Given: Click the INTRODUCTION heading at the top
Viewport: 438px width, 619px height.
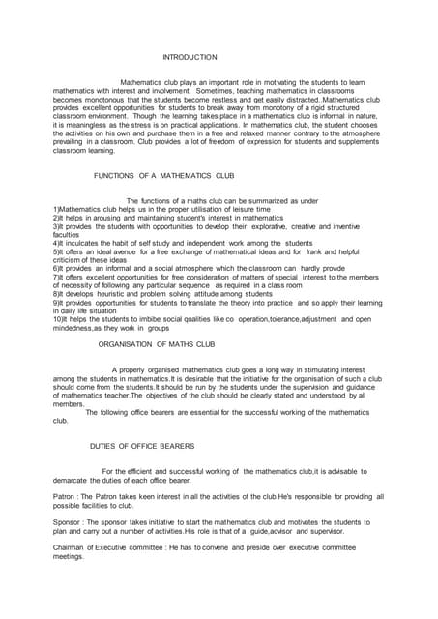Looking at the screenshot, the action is click(190, 58).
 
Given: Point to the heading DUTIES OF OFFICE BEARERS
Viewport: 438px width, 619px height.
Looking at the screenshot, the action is click(142, 446).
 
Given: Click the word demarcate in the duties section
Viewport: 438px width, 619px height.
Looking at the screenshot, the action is click(74, 480).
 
